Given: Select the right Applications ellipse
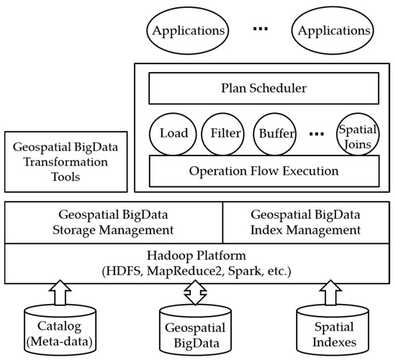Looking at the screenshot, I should (333, 32).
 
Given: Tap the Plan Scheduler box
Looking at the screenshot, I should (263, 90).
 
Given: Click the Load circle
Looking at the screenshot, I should (174, 133).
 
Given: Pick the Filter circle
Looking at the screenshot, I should (225, 133).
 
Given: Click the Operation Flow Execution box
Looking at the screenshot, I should (263, 171).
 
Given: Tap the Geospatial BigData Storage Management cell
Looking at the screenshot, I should (114, 223).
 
